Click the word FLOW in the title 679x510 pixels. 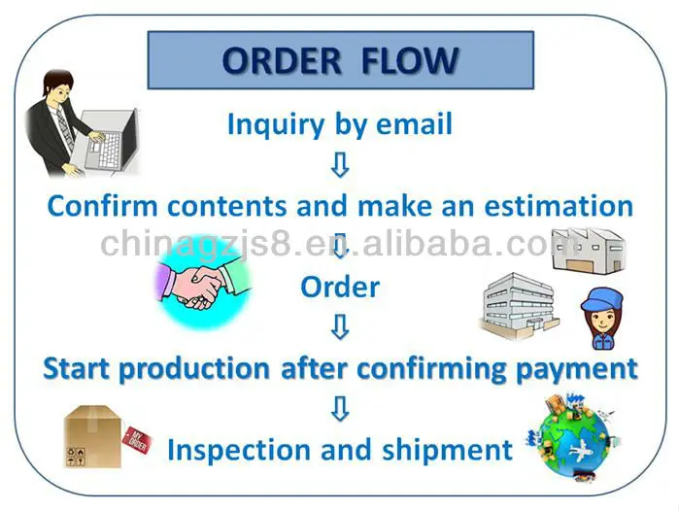(x=409, y=60)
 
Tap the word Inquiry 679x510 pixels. (x=269, y=124)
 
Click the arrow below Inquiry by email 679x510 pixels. (x=339, y=166)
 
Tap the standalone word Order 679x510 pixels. (x=339, y=287)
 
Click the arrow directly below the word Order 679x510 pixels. (x=339, y=328)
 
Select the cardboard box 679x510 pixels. (x=91, y=435)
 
